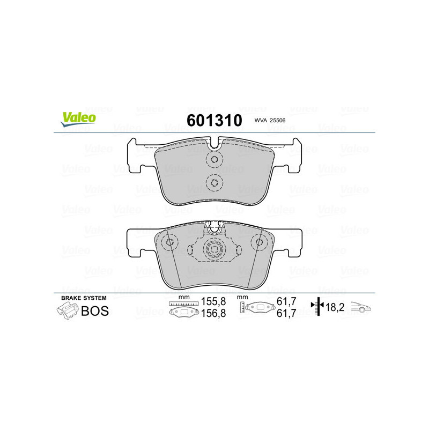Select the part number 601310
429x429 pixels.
pyautogui.click(x=214, y=120)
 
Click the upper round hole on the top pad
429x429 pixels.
pyautogui.click(x=214, y=159)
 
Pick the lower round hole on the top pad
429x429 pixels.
pyautogui.click(x=214, y=183)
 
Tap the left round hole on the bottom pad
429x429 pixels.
pyautogui.click(x=170, y=242)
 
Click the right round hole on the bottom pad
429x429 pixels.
pyautogui.click(x=259, y=242)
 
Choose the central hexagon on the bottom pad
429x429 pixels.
pyautogui.click(x=214, y=249)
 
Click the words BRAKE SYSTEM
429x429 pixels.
pyautogui.click(x=84, y=298)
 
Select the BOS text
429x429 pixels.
pyautogui.click(x=94, y=311)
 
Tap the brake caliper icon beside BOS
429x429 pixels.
pyautogui.click(x=66, y=310)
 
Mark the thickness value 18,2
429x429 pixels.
pyautogui.click(x=336, y=308)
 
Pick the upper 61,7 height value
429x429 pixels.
pyautogui.click(x=286, y=302)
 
